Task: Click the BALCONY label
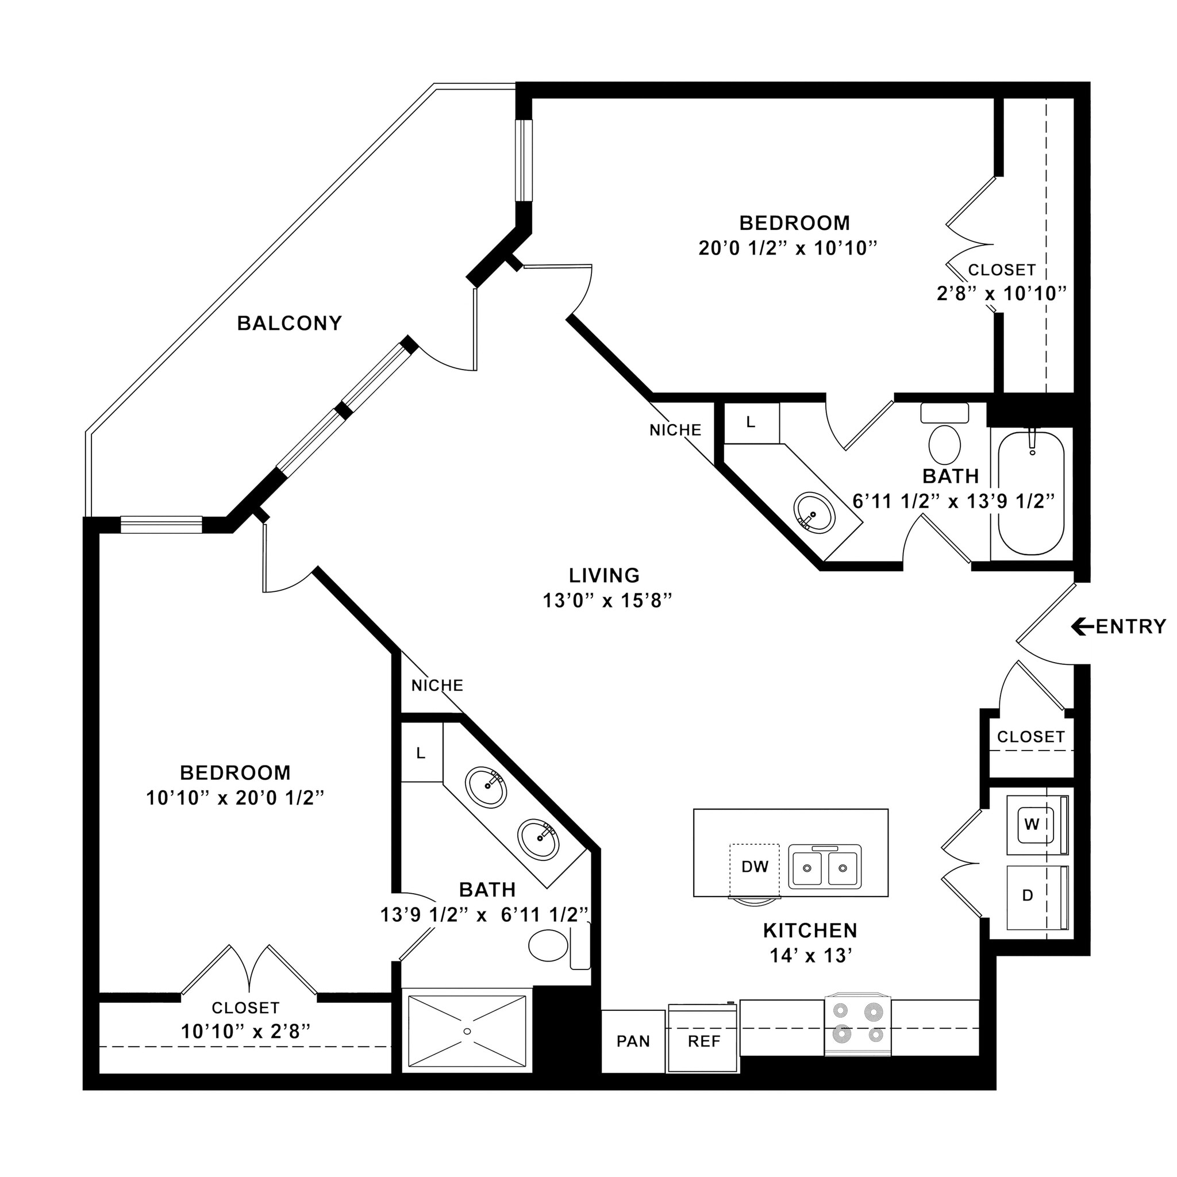[x=290, y=324]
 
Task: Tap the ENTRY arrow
[x=1082, y=626]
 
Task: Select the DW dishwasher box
[x=754, y=867]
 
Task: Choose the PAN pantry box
[x=633, y=1041]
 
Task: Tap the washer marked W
[x=1032, y=825]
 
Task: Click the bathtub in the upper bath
[x=1031, y=494]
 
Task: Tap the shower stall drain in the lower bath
[x=467, y=1031]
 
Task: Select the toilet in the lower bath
[x=548, y=945]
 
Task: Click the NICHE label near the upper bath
[x=675, y=430]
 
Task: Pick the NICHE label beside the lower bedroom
[x=437, y=686]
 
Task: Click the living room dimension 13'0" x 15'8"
[x=607, y=601]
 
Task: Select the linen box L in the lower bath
[x=421, y=753]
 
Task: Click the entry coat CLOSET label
[x=1030, y=737]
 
